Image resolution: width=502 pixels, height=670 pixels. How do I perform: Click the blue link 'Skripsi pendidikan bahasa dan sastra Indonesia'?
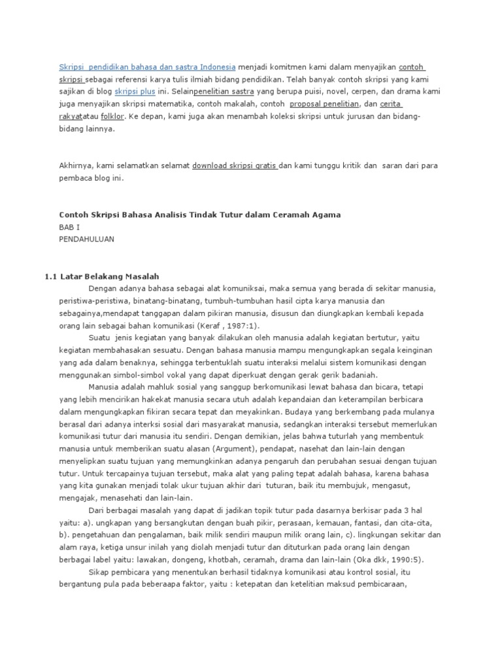tap(147, 67)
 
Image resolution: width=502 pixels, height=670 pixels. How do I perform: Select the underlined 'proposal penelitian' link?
tap(324, 105)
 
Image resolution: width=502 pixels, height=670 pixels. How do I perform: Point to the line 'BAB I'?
tap(69, 227)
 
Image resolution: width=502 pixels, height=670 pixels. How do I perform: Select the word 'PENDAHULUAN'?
tap(86, 239)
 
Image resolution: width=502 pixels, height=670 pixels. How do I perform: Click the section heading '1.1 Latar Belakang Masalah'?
tap(102, 277)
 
